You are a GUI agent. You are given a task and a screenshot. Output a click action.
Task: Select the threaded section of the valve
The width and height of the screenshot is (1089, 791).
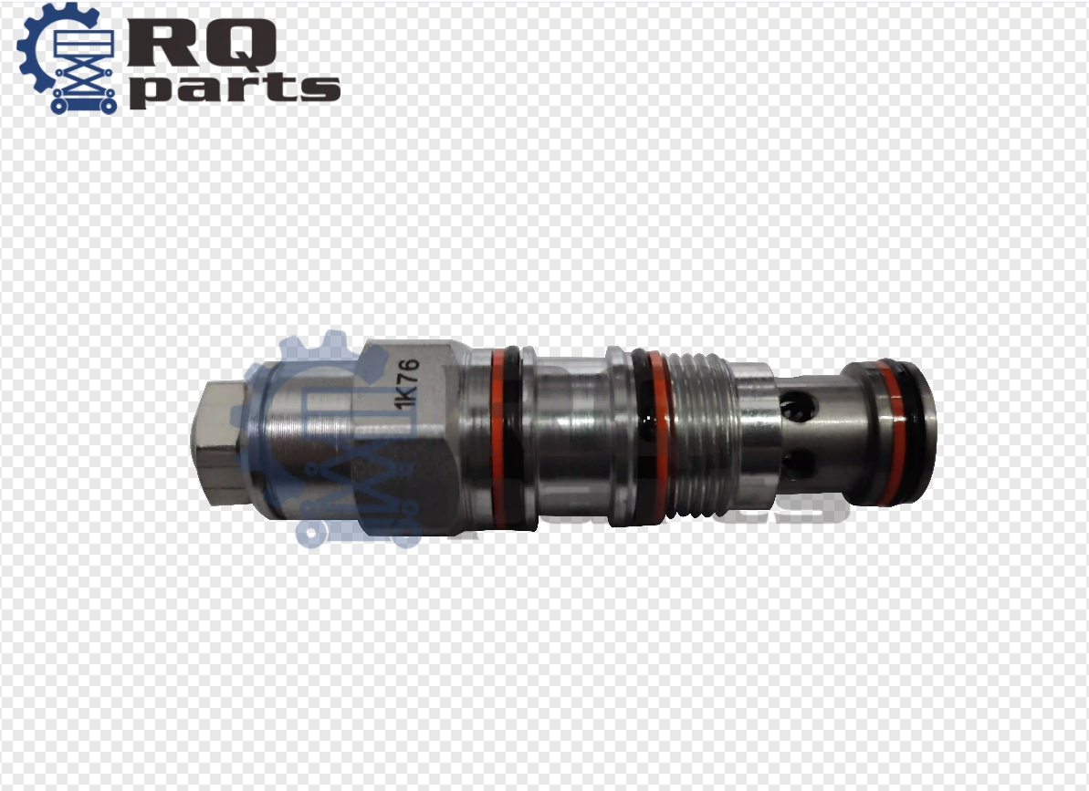pyautogui.click(x=703, y=433)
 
